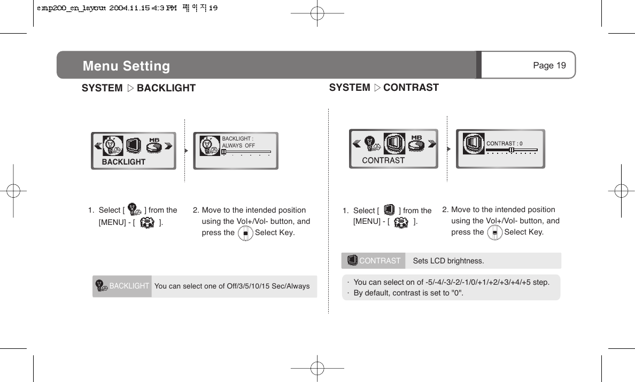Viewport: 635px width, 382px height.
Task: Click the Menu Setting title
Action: (x=126, y=66)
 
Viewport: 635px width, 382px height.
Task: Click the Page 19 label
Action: (x=549, y=65)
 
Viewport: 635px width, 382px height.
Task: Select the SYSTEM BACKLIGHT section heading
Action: (x=138, y=88)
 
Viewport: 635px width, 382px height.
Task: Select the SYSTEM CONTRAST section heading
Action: (x=384, y=88)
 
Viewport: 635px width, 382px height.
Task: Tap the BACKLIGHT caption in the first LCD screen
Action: (x=123, y=162)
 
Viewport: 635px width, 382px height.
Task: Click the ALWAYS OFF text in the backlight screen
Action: (x=238, y=146)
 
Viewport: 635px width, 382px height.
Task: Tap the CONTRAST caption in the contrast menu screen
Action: (x=383, y=160)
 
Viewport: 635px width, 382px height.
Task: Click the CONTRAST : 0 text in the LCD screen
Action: (x=504, y=143)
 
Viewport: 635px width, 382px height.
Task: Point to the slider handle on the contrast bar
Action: (x=512, y=150)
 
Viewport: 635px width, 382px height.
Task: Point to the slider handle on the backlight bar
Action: (x=224, y=152)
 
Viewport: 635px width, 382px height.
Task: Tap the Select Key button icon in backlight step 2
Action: (x=245, y=233)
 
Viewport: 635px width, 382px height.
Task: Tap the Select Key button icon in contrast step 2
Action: (x=495, y=233)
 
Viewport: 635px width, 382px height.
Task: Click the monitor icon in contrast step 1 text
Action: (x=389, y=210)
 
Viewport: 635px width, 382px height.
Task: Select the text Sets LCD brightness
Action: (x=448, y=261)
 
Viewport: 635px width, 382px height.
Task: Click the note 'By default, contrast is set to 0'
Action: (x=408, y=293)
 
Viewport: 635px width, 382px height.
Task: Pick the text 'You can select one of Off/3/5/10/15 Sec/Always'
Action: (x=232, y=286)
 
